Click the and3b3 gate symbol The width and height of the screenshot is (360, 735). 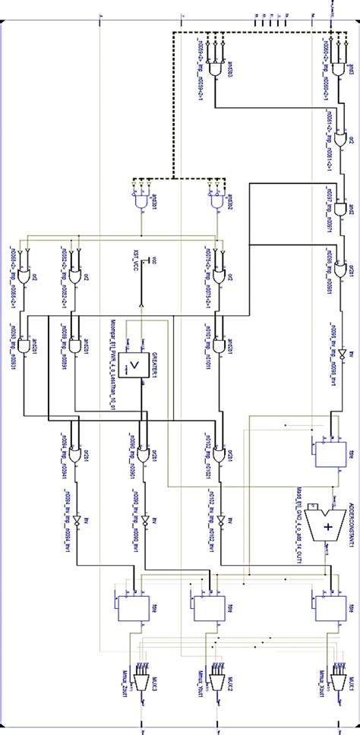click(x=219, y=71)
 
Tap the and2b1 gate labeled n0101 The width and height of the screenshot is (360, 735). click(x=220, y=345)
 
